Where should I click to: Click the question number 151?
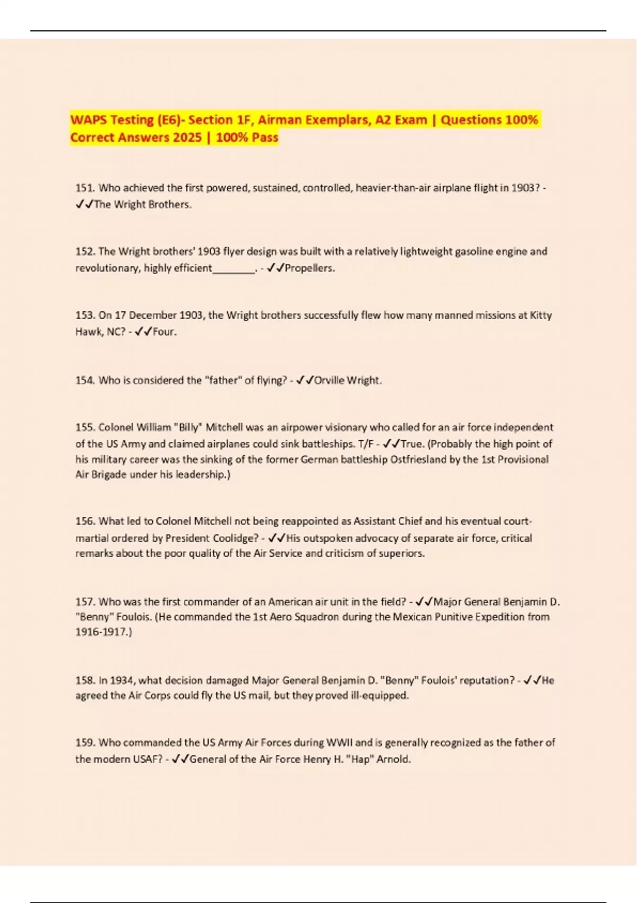pos(85,188)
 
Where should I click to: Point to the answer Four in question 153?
pos(164,332)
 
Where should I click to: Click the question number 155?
pos(85,427)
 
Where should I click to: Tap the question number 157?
pos(85,602)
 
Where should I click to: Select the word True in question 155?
pos(412,444)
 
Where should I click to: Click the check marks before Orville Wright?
pos(305,380)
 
